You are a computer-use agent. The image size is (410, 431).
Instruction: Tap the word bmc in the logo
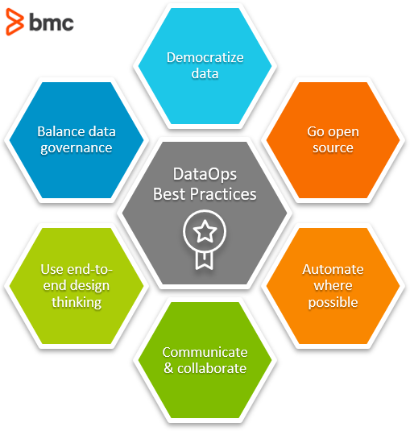pyautogui.click(x=51, y=23)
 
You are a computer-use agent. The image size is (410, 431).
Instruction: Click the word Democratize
pyautogui.click(x=205, y=57)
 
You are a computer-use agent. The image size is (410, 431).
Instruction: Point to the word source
pyautogui.click(x=333, y=147)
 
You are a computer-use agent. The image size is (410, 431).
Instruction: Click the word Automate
pyautogui.click(x=333, y=269)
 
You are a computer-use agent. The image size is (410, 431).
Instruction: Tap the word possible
pyautogui.click(x=333, y=303)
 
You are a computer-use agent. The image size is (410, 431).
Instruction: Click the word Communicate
pyautogui.click(x=205, y=352)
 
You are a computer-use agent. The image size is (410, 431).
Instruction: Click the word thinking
pyautogui.click(x=76, y=303)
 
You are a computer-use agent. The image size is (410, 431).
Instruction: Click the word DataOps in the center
pyautogui.click(x=205, y=175)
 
